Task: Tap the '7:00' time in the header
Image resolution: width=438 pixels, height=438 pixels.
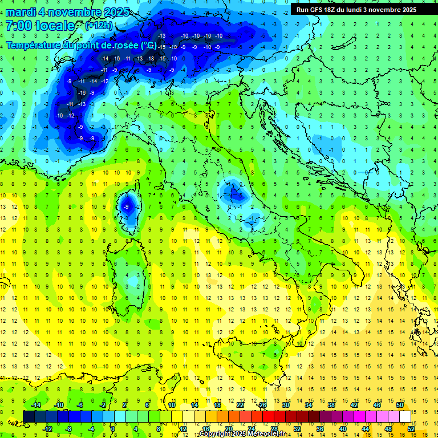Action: tap(18, 26)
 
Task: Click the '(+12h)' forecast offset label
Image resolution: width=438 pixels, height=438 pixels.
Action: tap(98, 26)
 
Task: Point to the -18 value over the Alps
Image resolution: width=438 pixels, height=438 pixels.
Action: tap(150, 59)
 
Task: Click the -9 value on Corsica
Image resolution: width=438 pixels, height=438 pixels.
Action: tap(128, 206)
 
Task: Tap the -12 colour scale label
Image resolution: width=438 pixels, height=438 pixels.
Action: tap(48, 429)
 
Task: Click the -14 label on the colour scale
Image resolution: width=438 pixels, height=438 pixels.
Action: tap(36, 405)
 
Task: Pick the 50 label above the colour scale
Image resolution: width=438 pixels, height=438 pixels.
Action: tap(399, 405)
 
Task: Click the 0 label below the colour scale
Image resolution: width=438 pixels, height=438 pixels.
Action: tap(113, 429)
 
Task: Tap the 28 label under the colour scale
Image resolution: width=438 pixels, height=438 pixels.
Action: tap(274, 429)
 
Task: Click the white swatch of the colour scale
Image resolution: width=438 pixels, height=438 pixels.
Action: tap(405, 416)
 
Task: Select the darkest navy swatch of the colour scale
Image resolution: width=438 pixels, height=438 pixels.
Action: tap(29, 416)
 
